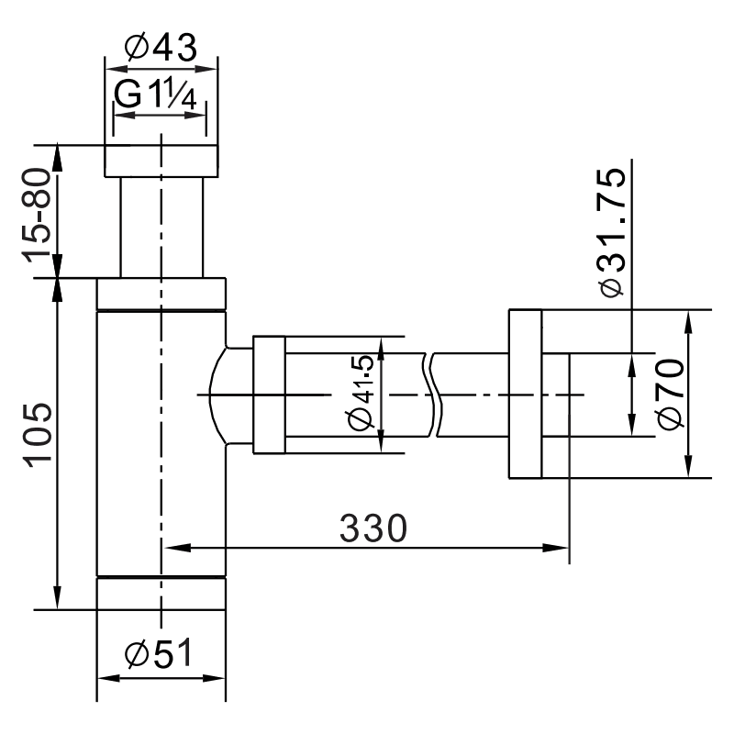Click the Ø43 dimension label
tap(161, 48)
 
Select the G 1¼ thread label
tap(159, 95)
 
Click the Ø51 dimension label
tap(160, 654)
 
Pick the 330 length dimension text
tap(373, 528)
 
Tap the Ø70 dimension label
tap(671, 394)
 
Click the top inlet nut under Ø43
tap(161, 161)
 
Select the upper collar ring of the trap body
tap(161, 294)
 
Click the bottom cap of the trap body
tap(161, 592)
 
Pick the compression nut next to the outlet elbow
tap(269, 395)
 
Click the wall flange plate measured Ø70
tap(524, 395)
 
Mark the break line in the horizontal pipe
tap(435, 395)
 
